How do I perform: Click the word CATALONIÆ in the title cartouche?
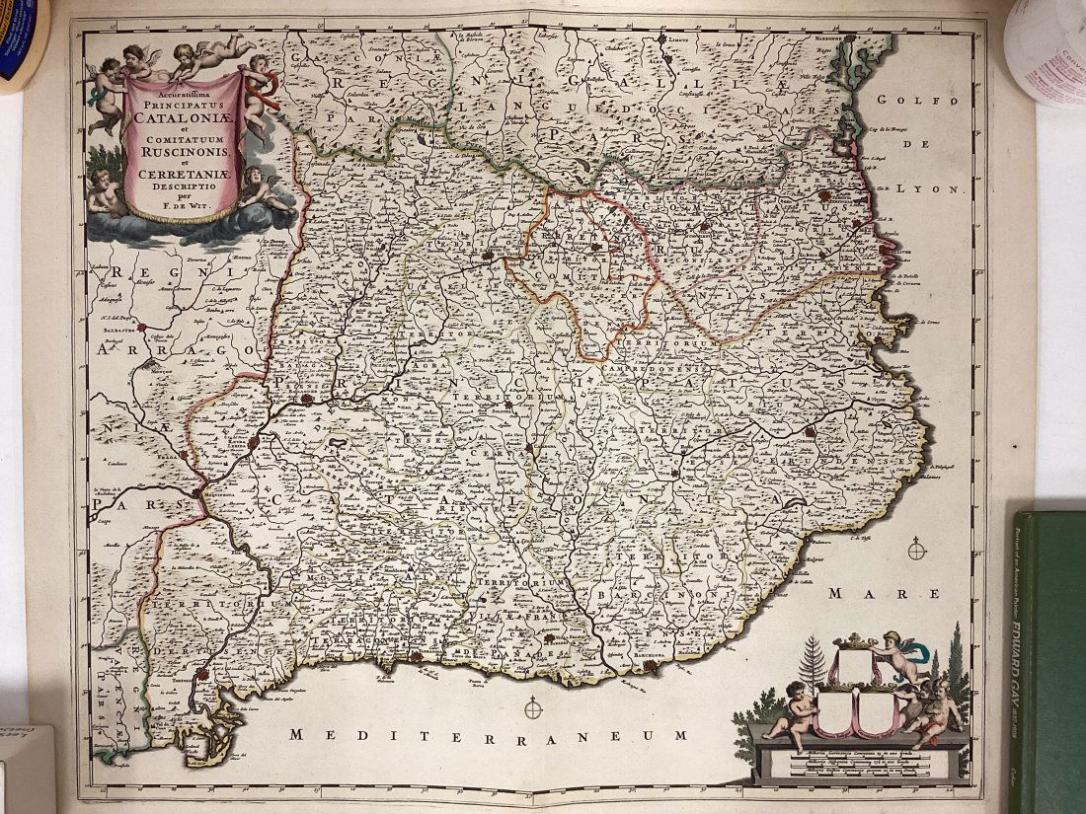coord(181,120)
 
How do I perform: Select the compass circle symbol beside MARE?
coord(917,549)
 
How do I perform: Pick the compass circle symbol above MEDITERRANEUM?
coord(534,706)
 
